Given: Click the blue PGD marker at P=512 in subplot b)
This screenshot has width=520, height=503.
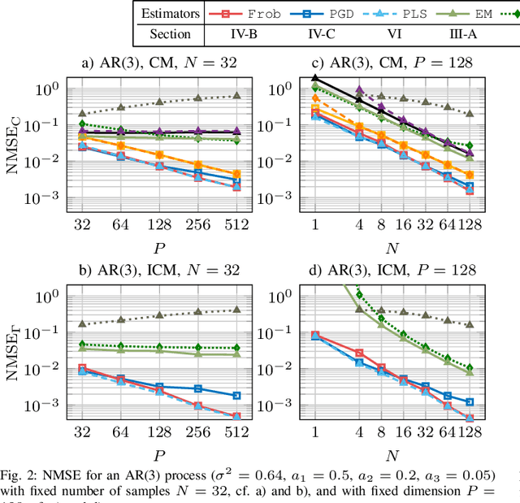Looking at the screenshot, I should point(236,395).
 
